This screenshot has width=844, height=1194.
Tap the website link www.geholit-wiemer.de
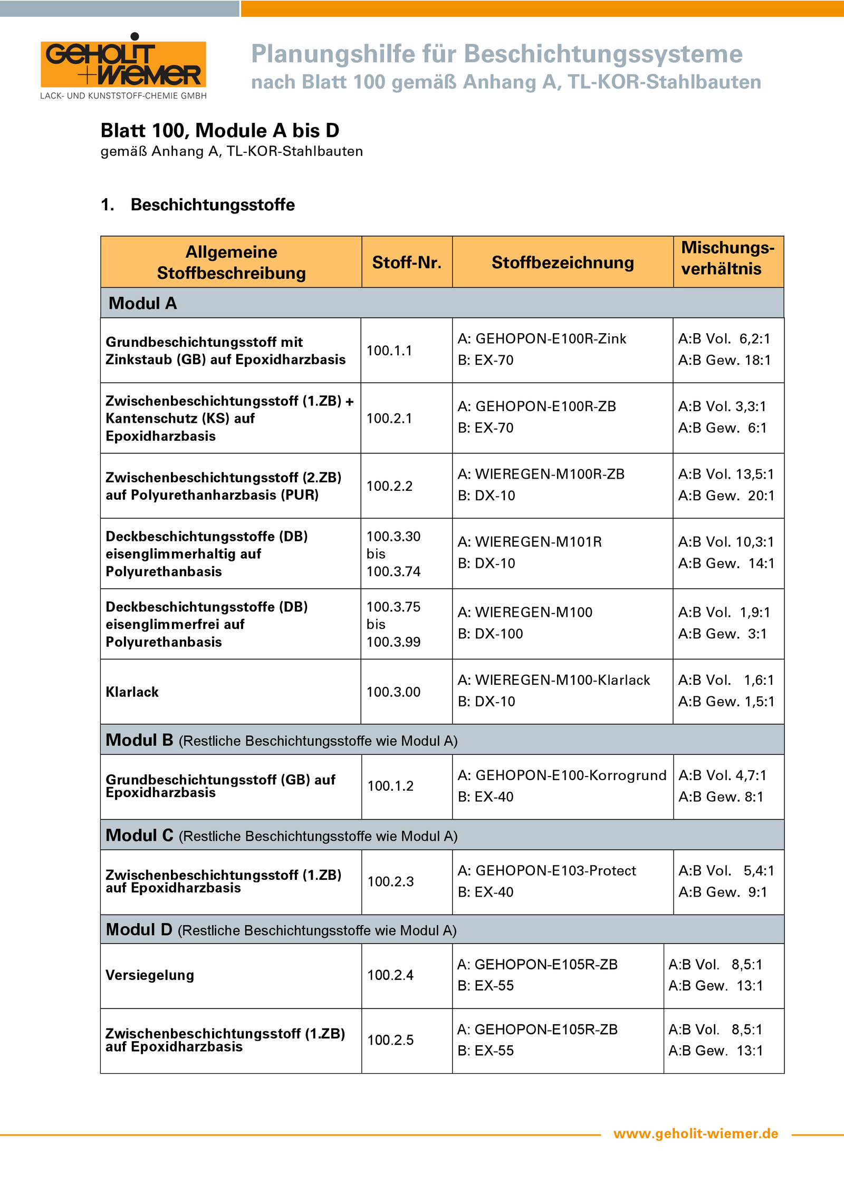(695, 1133)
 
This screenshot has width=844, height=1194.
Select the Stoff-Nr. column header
(407, 262)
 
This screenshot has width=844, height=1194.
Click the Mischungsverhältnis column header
(727, 258)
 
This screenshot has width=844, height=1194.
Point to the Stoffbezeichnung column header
(562, 262)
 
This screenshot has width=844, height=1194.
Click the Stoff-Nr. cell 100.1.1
(389, 351)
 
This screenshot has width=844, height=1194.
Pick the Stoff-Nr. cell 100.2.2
(389, 486)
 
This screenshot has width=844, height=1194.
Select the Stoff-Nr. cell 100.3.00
(394, 692)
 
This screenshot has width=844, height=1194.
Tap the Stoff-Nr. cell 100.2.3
(390, 881)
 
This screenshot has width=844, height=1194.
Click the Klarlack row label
(132, 692)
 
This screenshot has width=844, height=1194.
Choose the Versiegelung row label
(150, 975)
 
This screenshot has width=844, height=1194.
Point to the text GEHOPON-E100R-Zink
(551, 338)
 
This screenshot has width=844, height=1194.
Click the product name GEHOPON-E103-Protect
(555, 870)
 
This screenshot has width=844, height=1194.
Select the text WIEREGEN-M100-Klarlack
(562, 680)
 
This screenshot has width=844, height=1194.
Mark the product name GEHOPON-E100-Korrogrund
(571, 775)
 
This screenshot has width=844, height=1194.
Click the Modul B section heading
(139, 740)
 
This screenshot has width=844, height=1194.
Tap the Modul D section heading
(139, 929)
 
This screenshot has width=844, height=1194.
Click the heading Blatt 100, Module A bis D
(220, 130)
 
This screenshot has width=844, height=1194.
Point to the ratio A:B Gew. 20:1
(726, 496)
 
